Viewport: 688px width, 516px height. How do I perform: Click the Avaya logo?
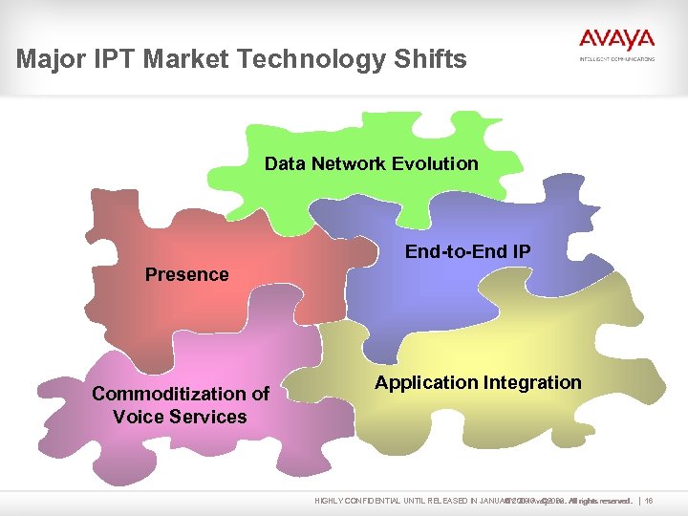[616, 39]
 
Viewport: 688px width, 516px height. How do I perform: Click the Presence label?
[186, 275]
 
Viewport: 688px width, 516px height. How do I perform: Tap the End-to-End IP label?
[468, 251]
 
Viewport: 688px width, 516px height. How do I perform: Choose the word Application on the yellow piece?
[425, 383]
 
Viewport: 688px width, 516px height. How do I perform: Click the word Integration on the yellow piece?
[532, 383]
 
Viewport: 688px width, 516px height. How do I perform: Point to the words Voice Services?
[180, 418]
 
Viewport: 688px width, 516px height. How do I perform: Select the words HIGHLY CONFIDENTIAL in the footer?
[357, 500]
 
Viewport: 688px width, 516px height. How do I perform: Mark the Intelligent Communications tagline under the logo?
[617, 59]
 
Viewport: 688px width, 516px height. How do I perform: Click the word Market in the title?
[185, 60]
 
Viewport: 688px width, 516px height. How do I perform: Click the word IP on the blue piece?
[520, 251]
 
